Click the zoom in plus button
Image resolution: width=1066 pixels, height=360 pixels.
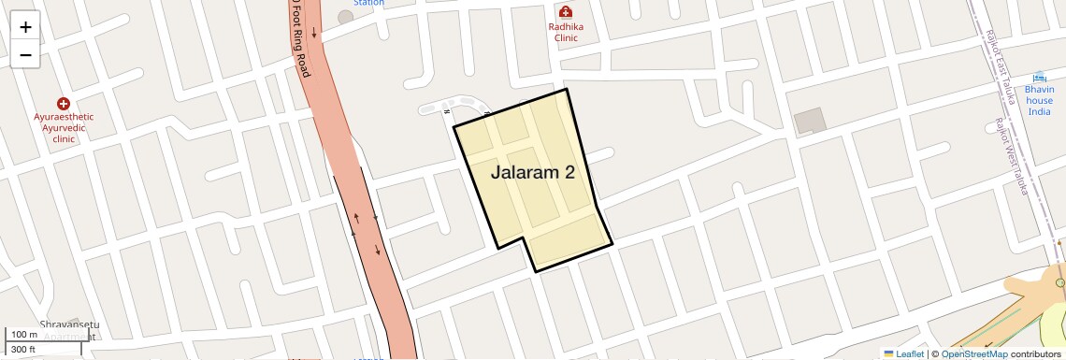coord(25,27)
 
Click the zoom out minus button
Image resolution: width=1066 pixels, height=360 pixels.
coord(25,54)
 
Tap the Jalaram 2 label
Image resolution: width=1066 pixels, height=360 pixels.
coord(532,172)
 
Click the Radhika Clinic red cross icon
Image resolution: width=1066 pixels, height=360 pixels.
coord(565,11)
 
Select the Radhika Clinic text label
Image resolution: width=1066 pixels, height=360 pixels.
coord(565,32)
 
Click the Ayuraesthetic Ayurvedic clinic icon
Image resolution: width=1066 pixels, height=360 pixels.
coord(64,103)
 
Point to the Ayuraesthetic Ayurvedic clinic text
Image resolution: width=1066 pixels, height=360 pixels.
coord(64,127)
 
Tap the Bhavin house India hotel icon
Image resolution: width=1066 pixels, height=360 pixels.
coord(1040,77)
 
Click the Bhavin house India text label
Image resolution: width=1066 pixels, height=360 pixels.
coord(1040,100)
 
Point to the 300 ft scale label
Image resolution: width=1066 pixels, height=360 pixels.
coord(23,350)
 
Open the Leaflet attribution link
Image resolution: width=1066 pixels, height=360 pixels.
coord(903,353)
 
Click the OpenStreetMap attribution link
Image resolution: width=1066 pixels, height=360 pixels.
coord(973,353)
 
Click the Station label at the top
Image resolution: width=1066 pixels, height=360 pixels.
coord(368,3)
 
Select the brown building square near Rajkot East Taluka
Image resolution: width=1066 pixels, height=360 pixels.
coord(810,121)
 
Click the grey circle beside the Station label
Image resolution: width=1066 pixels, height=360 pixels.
coord(346,17)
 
